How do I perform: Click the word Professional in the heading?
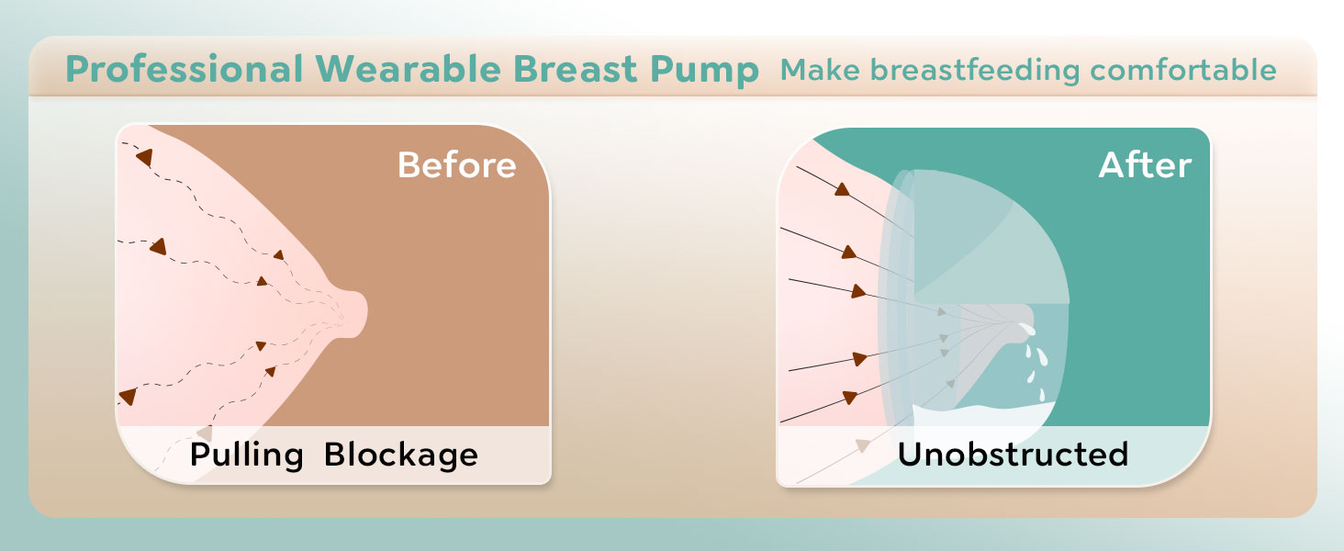point(185,69)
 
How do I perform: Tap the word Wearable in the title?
point(409,69)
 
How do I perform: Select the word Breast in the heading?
point(576,69)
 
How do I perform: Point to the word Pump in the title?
point(704,71)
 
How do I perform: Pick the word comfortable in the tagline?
point(1183,70)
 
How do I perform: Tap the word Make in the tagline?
point(820,70)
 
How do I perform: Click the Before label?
point(456,165)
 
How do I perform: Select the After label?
point(1145,165)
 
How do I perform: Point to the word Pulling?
point(247,455)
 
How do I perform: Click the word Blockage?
point(401,455)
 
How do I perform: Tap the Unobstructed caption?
point(1013,455)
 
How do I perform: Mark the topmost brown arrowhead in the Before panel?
point(145,157)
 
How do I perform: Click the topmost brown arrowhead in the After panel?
point(843,189)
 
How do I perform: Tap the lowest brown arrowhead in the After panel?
point(849,397)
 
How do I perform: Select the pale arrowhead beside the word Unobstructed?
point(863,444)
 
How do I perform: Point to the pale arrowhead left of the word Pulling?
point(205,433)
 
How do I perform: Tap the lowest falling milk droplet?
point(1042,395)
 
